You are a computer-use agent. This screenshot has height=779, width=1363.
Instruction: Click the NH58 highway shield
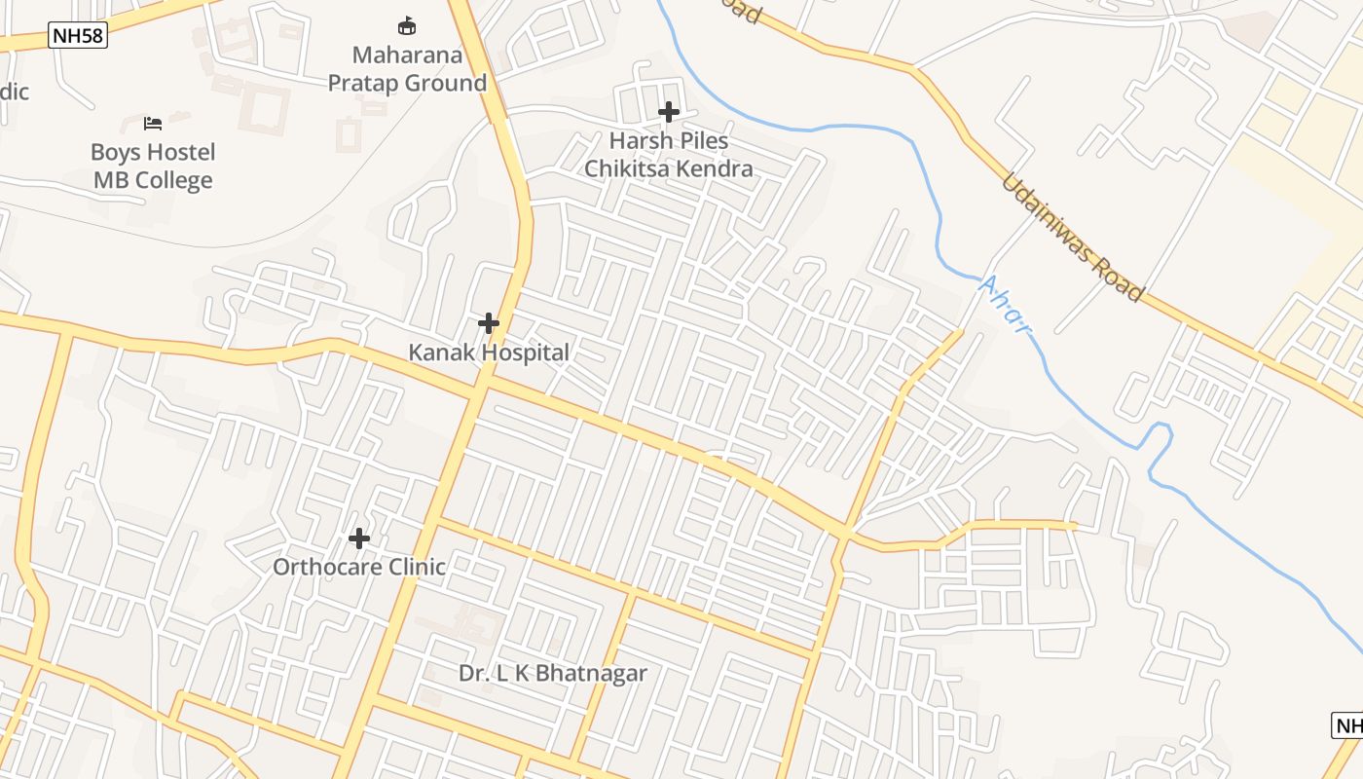[77, 37]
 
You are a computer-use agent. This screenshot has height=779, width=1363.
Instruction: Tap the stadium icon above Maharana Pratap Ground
[407, 25]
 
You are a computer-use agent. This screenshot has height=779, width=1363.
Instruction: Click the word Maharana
[407, 56]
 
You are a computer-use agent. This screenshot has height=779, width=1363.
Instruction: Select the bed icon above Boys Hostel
[153, 123]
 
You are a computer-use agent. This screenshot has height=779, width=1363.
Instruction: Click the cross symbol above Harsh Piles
[669, 112]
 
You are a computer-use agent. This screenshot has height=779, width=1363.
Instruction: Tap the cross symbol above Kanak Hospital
[489, 323]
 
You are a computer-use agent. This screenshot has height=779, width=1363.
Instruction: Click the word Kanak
[439, 352]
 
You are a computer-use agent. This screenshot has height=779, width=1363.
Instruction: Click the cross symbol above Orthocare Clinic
[359, 538]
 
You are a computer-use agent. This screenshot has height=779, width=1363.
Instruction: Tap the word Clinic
[416, 567]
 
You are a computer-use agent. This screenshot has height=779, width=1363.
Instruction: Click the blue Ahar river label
[1005, 304]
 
